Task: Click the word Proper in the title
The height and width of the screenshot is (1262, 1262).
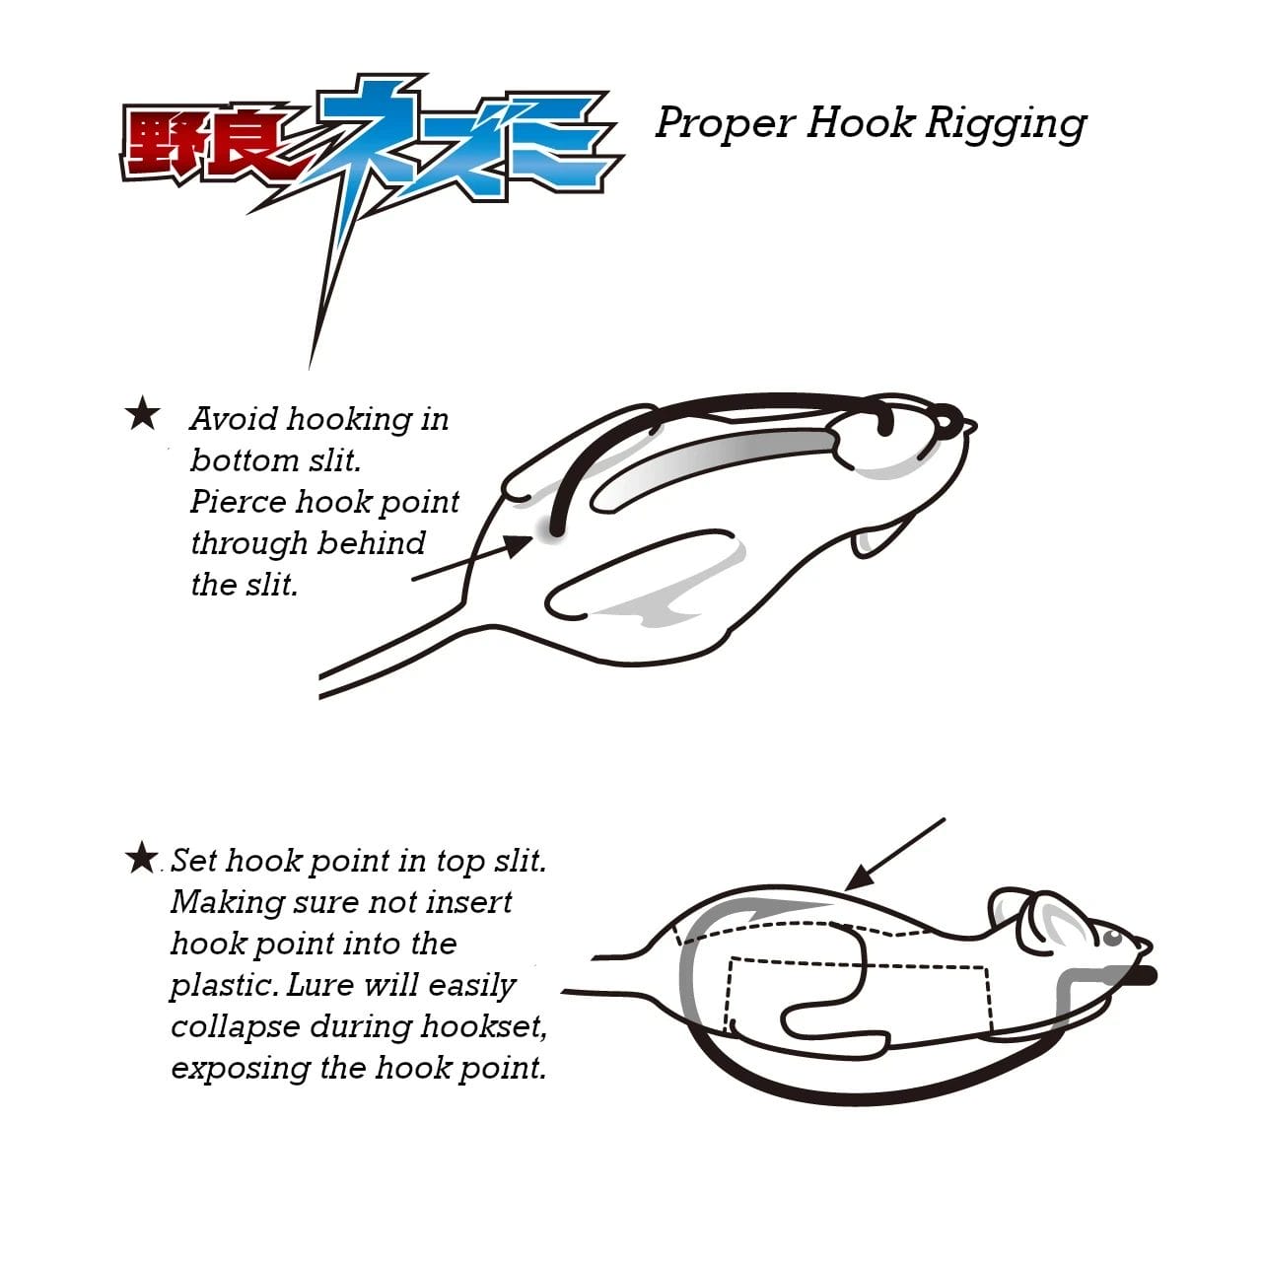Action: click(726, 124)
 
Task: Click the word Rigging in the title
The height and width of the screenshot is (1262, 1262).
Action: click(1006, 124)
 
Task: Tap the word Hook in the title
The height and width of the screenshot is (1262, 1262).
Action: click(860, 122)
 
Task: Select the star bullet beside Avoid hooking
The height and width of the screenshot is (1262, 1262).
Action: click(142, 414)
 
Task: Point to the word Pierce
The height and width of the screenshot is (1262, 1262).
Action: click(239, 502)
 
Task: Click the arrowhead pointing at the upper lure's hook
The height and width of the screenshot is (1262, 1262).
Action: click(519, 545)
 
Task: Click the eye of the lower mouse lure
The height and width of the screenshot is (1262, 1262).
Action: click(1112, 938)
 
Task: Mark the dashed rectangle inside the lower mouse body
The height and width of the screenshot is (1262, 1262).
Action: click(859, 996)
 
